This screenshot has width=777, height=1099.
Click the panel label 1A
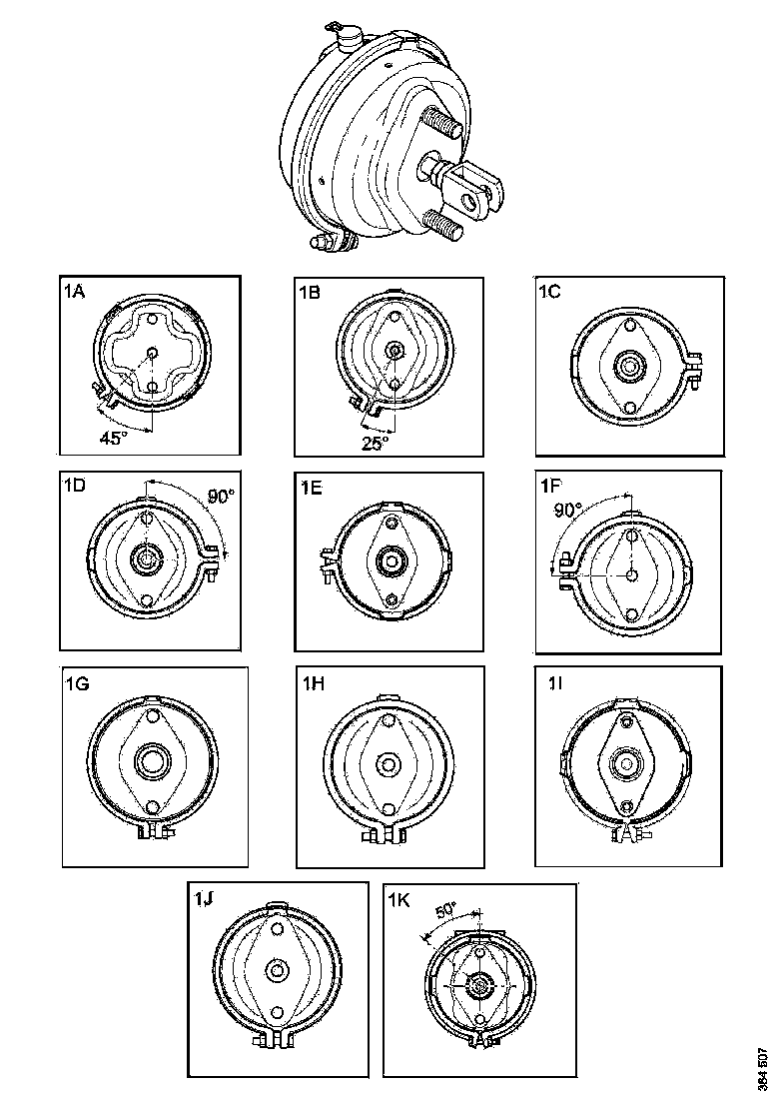point(73,292)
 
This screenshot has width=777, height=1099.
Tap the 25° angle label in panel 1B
point(375,446)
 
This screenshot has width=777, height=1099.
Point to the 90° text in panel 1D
point(219,496)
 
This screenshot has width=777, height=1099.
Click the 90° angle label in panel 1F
point(568,509)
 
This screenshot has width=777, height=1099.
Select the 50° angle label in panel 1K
point(445,910)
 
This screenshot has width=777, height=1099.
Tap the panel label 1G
point(77,684)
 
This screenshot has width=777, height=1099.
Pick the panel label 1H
point(313,684)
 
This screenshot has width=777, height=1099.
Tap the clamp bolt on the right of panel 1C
point(696,368)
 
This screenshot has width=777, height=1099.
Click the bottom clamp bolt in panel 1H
point(386,832)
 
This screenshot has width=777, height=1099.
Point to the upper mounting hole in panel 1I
point(627,720)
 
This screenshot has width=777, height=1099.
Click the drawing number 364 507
point(762,1069)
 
